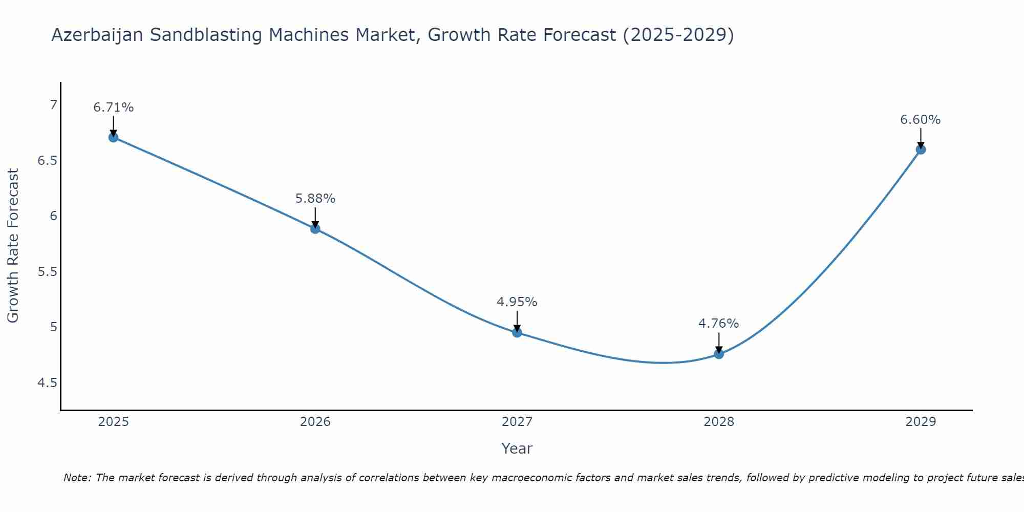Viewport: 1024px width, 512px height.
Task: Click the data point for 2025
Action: point(114,137)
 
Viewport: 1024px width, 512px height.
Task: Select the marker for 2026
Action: point(315,229)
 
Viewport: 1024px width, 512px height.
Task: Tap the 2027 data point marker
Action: point(517,333)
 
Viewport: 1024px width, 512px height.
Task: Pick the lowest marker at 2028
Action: point(719,354)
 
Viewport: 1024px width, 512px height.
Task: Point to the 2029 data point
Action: point(921,150)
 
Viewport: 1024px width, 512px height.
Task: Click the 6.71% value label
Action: point(114,108)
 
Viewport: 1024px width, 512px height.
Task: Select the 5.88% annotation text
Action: point(315,199)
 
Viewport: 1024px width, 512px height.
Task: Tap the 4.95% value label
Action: point(517,302)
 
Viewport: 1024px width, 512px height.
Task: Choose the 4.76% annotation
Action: point(719,324)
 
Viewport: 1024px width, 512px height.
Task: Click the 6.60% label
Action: point(921,120)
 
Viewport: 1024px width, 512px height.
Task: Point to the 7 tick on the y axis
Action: point(53,105)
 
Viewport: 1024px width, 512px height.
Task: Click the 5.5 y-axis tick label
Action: point(48,271)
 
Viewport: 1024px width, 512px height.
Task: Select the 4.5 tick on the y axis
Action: point(48,383)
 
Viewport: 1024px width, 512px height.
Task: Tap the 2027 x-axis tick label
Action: point(517,422)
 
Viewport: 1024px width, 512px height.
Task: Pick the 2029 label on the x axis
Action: point(921,422)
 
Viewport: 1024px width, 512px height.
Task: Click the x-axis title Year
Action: point(517,449)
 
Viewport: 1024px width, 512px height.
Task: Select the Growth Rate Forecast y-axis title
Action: point(13,246)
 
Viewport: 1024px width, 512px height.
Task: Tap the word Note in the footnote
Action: point(77,478)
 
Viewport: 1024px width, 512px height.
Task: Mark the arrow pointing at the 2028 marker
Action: point(719,343)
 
